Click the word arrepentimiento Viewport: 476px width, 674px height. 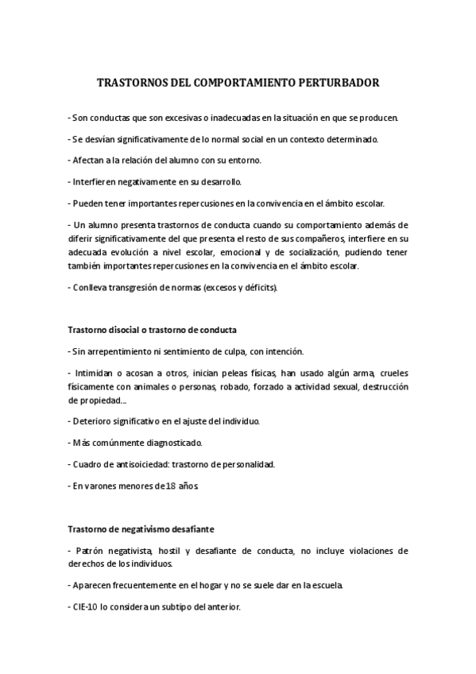pyautogui.click(x=120, y=351)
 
